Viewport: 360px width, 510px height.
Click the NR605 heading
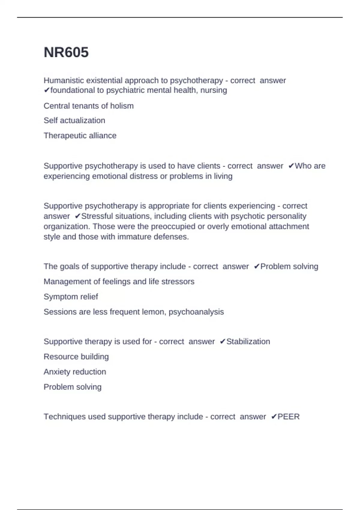pyautogui.click(x=66, y=52)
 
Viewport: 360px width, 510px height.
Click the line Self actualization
pyautogui.click(x=74, y=121)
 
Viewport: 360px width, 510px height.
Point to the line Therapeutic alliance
pyautogui.click(x=80, y=136)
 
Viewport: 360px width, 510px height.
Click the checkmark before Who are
pyautogui.click(x=291, y=166)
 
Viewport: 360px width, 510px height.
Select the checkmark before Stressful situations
pyautogui.click(x=77, y=216)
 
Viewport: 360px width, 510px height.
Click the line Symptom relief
pyautogui.click(x=71, y=297)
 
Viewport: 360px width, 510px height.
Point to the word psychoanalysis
pyautogui.click(x=196, y=312)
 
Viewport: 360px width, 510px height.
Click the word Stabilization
pyautogui.click(x=248, y=342)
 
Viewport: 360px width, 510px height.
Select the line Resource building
pyautogui.click(x=76, y=357)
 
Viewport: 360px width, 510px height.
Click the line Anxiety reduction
pyautogui.click(x=75, y=372)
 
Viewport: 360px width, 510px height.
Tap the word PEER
pyautogui.click(x=288, y=417)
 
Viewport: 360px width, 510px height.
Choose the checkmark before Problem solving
pyautogui.click(x=256, y=266)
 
